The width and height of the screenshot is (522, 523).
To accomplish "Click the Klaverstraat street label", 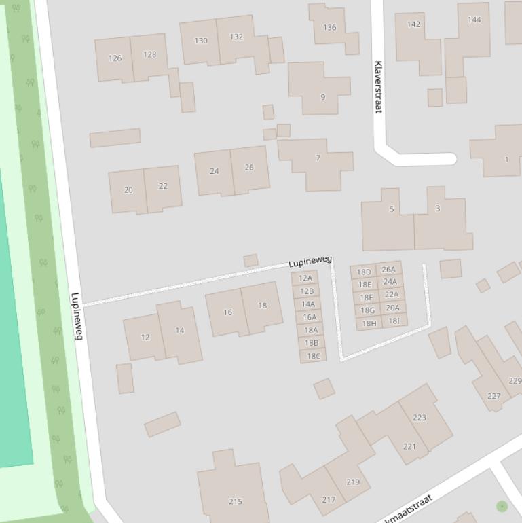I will pos(378,87).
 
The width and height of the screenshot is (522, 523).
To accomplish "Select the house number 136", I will pos(329,28).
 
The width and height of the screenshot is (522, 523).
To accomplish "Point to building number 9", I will pos(322,96).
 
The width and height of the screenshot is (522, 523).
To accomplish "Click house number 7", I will pos(318,158).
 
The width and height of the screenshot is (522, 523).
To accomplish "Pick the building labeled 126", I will pos(115,58).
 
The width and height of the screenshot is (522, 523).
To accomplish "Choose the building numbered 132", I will pos(236,37).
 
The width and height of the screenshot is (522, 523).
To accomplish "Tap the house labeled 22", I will pos(163,186).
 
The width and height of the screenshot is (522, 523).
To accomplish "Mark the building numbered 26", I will pos(249,167).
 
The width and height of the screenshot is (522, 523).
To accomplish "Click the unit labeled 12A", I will pos(305,278).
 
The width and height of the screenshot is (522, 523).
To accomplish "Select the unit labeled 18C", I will pos(313,356).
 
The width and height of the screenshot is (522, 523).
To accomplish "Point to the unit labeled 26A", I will pos(388,270).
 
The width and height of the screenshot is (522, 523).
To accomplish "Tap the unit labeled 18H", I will pos(369,323).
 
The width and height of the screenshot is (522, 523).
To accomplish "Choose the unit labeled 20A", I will pos(392,308).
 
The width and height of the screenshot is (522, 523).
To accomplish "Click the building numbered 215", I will pos(235,501).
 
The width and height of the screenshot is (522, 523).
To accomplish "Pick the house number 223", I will pos(420,418).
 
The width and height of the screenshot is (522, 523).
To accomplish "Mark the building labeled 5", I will pos(391,209).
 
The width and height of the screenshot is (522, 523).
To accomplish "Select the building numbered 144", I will pos(474,20).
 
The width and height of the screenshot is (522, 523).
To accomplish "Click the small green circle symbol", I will pos(502,506).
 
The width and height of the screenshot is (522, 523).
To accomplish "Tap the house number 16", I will pos(227,312).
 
